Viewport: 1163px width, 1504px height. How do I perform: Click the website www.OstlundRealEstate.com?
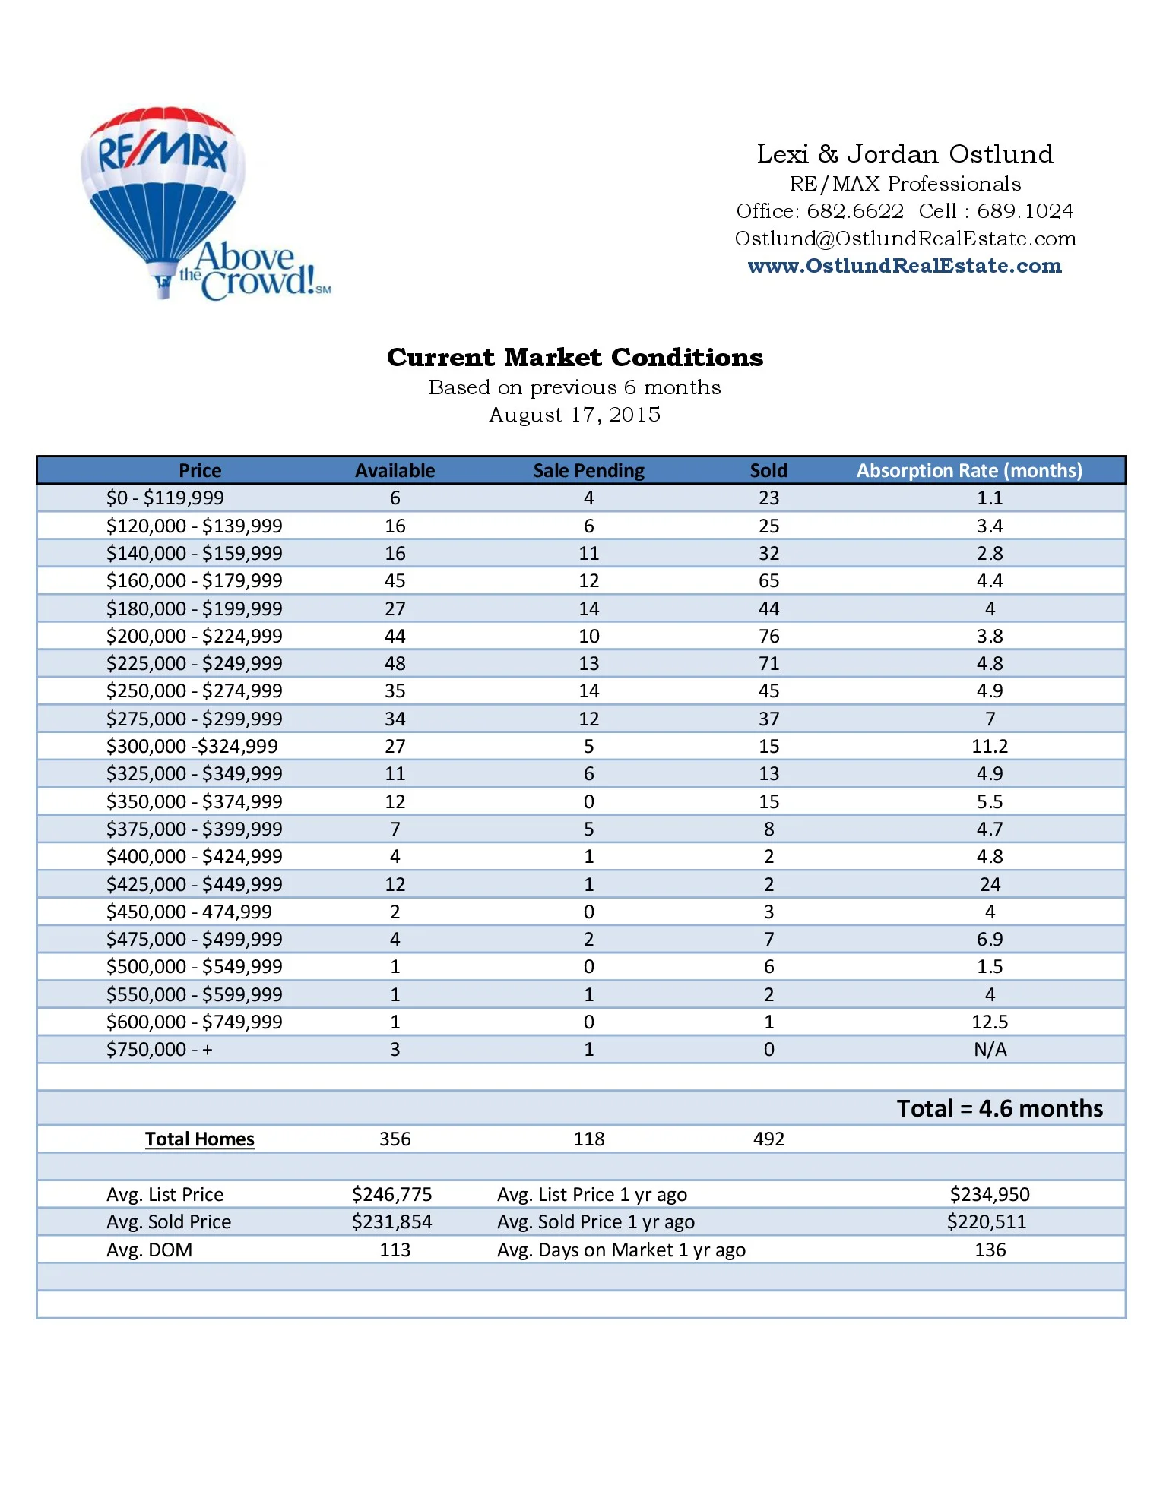click(x=905, y=266)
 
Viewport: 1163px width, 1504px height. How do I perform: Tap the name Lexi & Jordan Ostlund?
click(x=905, y=154)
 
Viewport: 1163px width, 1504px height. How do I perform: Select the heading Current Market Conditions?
click(x=575, y=357)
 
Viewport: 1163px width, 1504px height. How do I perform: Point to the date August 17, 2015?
click(x=575, y=415)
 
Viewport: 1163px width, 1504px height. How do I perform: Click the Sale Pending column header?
click(x=588, y=470)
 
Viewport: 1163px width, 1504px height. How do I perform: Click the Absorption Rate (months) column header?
click(x=969, y=470)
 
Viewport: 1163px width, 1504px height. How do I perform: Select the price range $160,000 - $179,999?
click(x=194, y=581)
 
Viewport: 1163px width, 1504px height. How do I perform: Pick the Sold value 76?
click(x=768, y=636)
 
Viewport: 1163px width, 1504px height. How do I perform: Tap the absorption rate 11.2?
click(x=990, y=746)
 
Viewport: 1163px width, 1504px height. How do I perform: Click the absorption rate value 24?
click(x=990, y=884)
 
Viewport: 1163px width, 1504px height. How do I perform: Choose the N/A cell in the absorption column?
click(x=990, y=1050)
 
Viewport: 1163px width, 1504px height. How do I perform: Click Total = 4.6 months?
click(x=1000, y=1108)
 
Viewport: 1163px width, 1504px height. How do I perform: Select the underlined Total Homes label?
click(x=199, y=1139)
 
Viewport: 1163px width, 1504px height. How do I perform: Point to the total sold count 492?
click(x=768, y=1139)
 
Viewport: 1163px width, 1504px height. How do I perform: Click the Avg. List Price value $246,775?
click(x=391, y=1194)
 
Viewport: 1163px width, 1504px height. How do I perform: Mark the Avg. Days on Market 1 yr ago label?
click(x=621, y=1250)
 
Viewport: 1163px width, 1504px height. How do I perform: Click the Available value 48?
click(x=395, y=663)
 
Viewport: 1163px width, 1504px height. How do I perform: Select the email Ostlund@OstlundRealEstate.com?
click(x=905, y=239)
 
